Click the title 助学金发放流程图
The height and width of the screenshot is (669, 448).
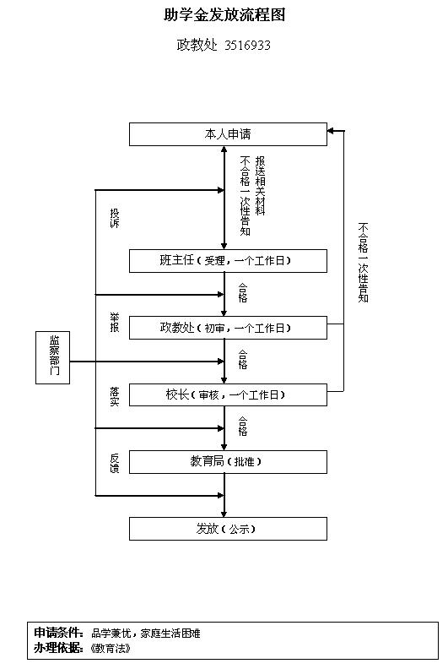coord(224,15)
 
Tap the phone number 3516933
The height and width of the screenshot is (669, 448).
coord(248,45)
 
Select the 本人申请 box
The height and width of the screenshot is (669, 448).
coord(228,134)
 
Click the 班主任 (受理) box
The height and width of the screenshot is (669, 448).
coord(228,261)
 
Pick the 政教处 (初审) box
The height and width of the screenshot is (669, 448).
coord(228,328)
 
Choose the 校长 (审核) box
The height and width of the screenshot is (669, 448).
coord(228,394)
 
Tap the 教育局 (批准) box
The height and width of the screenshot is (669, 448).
coord(228,462)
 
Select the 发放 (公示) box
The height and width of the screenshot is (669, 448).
coord(228,529)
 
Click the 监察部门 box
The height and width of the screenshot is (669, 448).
coord(53,357)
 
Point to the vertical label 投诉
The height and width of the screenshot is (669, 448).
coord(115,218)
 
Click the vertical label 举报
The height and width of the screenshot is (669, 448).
coord(115,323)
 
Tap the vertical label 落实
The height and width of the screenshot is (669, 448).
coord(115,396)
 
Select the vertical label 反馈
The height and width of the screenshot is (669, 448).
coord(115,464)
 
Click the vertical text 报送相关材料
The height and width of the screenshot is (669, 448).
coord(260,186)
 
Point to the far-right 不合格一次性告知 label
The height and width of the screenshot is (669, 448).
coord(363,263)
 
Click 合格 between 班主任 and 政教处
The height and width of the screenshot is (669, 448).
coord(242,293)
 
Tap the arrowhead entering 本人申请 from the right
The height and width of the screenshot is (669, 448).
coord(331,131)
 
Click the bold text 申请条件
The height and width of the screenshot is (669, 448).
coord(58,633)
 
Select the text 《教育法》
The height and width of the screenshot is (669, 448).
coord(111,649)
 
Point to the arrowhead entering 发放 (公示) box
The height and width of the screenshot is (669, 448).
coord(224,514)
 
